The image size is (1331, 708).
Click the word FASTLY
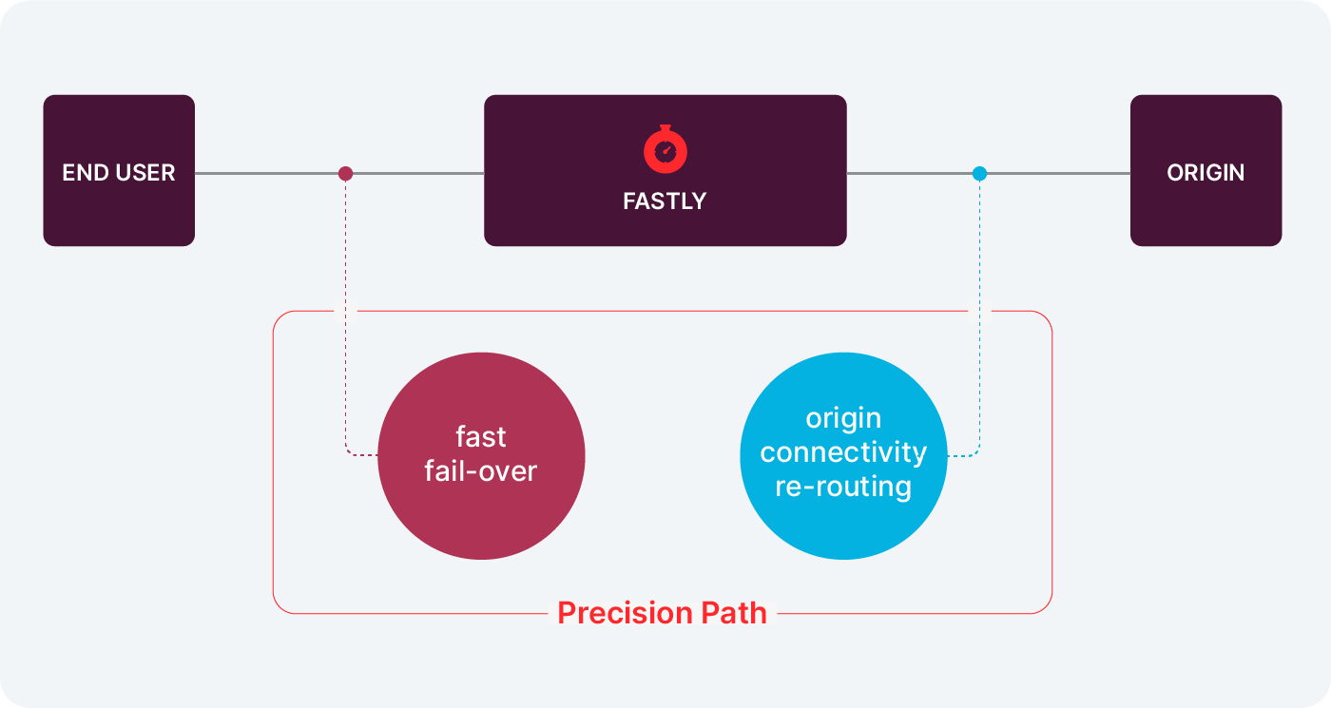click(x=665, y=201)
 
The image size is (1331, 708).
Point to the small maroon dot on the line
click(x=346, y=174)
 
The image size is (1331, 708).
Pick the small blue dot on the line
click(x=979, y=174)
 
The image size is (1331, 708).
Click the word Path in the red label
click(x=734, y=613)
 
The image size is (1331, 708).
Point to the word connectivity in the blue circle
click(x=843, y=452)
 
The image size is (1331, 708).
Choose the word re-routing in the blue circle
click(x=843, y=487)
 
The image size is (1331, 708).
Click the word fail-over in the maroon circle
click(x=481, y=471)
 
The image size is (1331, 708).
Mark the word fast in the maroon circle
click(x=481, y=437)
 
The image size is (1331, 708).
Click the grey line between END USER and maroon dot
click(x=270, y=174)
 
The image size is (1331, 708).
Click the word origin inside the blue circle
click(x=843, y=418)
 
